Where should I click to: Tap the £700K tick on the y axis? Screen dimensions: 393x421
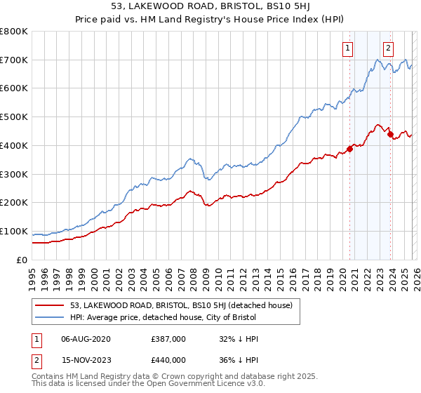point(14,60)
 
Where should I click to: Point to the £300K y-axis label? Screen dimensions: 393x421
point(14,174)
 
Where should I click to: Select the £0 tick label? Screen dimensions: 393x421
point(21,260)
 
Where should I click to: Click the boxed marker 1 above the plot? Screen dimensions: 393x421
point(348,48)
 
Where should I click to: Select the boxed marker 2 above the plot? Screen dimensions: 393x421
point(387,48)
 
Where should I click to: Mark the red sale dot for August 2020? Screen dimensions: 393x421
point(349,148)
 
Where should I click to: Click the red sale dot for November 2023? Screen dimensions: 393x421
point(390,134)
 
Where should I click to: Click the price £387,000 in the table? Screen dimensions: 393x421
point(168,339)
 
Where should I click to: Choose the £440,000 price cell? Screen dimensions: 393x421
point(168,360)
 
